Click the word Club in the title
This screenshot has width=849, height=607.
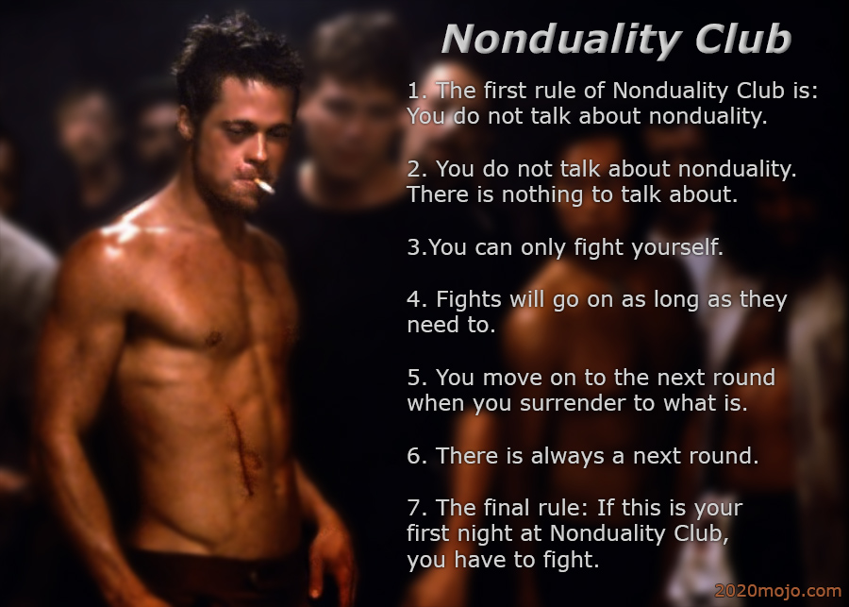(x=743, y=39)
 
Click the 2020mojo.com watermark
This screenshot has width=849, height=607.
(x=778, y=591)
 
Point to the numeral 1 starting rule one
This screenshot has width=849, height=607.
(x=412, y=91)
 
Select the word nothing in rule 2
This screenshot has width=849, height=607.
(x=542, y=194)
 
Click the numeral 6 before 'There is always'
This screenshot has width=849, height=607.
(x=414, y=456)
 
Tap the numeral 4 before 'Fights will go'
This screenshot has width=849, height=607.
(x=414, y=299)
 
